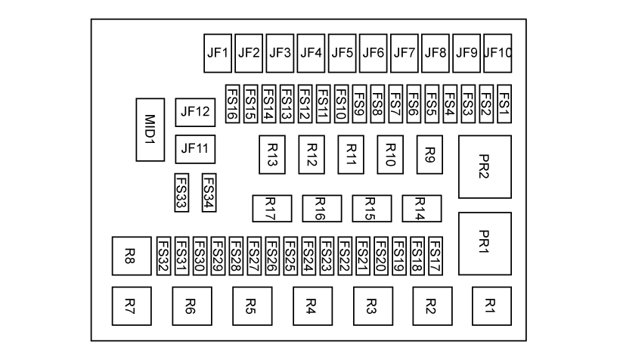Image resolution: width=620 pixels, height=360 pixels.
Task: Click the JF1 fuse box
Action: point(217,53)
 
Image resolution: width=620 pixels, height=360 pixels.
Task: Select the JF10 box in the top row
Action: point(498,53)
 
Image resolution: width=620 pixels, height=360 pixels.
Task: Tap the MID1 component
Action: point(150,129)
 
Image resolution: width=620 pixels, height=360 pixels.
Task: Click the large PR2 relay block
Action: point(485,167)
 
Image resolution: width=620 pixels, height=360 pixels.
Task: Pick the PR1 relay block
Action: point(485,243)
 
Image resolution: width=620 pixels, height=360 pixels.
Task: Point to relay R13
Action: point(272,154)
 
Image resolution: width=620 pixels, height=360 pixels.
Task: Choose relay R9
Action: point(429,154)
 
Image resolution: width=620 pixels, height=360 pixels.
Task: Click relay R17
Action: point(270,207)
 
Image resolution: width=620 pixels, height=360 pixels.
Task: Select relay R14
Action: point(420,207)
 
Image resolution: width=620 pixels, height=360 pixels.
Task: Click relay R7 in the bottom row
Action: point(131,306)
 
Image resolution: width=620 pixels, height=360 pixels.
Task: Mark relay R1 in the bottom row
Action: point(491,306)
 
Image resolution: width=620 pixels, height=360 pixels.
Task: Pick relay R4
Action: point(312,306)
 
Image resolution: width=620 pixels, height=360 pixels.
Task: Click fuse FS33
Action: point(181,193)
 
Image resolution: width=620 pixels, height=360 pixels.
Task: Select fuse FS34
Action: point(209,193)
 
